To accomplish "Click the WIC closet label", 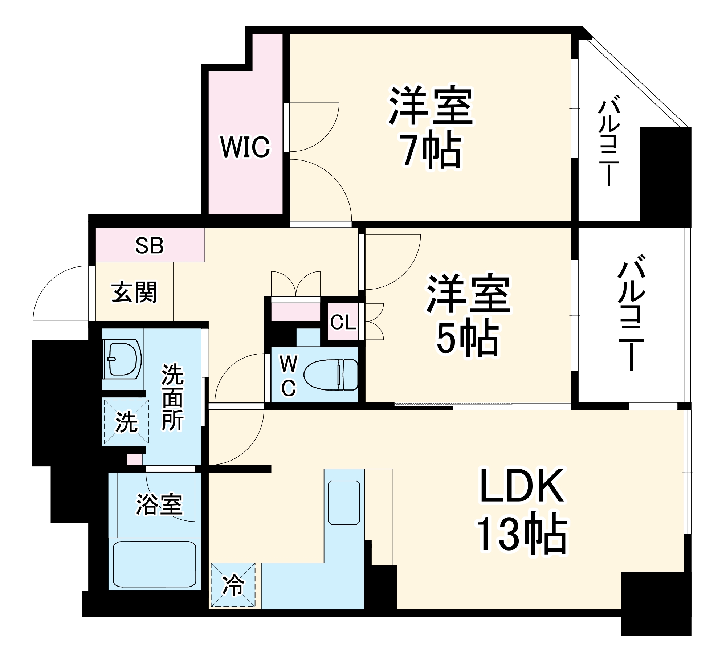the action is tap(245, 147).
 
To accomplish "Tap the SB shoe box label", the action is tap(150, 245).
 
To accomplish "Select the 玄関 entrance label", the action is tap(134, 292).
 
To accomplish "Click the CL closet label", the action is tap(343, 322).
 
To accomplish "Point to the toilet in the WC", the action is tap(330, 375).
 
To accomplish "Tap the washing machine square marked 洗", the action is tap(126, 422).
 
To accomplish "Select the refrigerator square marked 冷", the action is tap(233, 585).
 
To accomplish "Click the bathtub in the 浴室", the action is tap(155, 564).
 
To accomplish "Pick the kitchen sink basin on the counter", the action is tap(344, 503).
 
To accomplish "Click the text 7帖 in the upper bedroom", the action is tap(431, 150).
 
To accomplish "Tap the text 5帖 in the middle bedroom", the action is tap(468, 338).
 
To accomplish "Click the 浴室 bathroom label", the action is tap(159, 505).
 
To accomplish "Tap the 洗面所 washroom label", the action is tap(173, 397).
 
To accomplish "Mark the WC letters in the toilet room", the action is tap(289, 376).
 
